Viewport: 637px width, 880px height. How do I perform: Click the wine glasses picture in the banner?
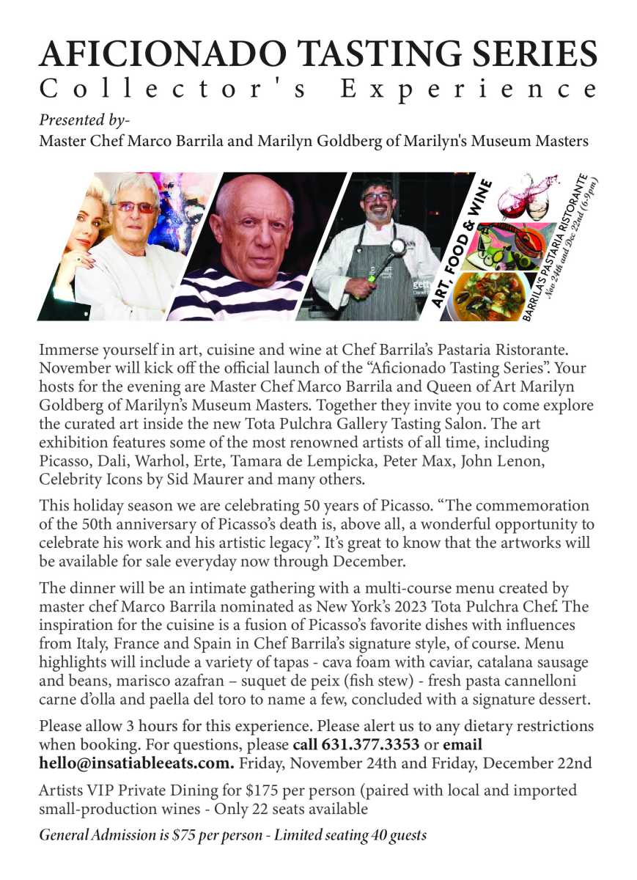[x=525, y=197]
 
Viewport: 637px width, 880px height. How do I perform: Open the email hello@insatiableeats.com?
[x=137, y=763]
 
